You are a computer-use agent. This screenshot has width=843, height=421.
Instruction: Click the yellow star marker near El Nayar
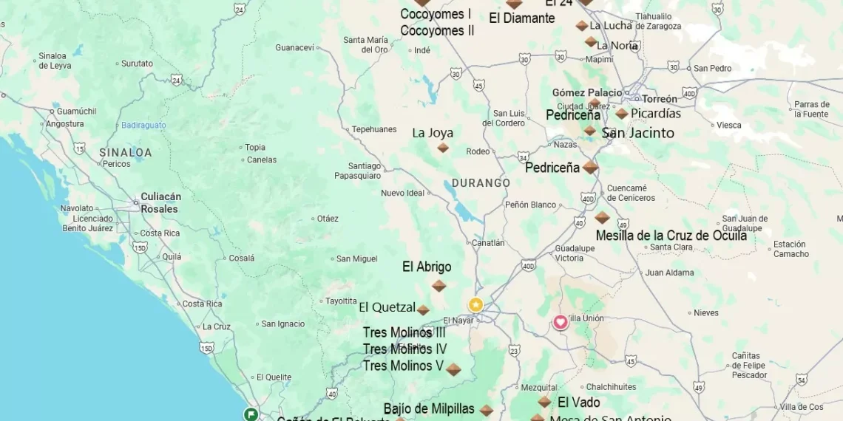click(x=475, y=304)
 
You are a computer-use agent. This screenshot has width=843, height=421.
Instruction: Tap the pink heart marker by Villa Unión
click(x=561, y=322)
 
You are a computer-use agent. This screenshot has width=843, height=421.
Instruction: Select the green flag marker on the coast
click(x=251, y=414)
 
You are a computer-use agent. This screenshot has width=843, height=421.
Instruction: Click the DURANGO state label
click(x=481, y=183)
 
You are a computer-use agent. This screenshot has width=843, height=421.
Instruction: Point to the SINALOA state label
click(x=125, y=153)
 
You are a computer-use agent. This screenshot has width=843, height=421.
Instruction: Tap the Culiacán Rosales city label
click(x=160, y=202)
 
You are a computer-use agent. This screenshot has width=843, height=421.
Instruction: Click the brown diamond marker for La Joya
click(x=443, y=148)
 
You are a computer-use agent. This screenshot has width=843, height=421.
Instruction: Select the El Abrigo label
click(x=427, y=267)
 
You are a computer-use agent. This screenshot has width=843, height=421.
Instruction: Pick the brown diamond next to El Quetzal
click(x=423, y=310)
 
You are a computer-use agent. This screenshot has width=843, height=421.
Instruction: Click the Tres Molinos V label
click(x=403, y=366)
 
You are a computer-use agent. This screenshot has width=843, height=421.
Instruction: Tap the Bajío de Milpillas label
click(x=429, y=408)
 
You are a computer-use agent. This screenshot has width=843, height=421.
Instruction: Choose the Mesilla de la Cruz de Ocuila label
click(x=671, y=236)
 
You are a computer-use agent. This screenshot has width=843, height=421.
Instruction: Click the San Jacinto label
click(x=637, y=133)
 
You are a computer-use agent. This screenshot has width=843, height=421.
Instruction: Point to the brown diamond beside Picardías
click(x=622, y=114)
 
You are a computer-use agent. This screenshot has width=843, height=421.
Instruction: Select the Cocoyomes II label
click(x=437, y=31)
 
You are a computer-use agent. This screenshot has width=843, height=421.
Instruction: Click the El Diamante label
click(x=521, y=18)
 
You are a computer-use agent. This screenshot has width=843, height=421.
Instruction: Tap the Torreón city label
click(x=659, y=99)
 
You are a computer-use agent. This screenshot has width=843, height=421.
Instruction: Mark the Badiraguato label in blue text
click(x=143, y=126)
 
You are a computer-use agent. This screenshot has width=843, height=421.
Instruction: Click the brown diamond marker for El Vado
click(x=544, y=402)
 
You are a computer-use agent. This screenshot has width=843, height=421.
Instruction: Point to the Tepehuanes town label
click(x=374, y=129)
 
